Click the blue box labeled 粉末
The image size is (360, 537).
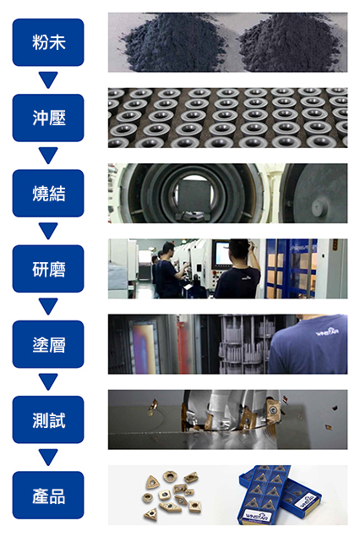48,42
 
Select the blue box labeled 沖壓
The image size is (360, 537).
48,118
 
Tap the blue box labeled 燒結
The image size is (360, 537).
48,193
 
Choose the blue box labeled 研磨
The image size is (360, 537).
48,269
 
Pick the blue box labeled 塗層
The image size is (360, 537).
48,344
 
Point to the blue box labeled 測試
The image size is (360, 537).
48,419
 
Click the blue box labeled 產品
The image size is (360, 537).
48,496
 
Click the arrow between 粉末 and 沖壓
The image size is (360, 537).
48,79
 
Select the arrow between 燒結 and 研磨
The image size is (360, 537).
48,231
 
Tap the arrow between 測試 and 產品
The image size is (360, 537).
48,458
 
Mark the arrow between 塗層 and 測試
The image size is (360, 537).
48,382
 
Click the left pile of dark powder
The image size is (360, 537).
172,45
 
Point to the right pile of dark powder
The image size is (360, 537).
289,45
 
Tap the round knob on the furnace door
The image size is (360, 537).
319,207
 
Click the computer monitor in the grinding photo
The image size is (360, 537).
221,254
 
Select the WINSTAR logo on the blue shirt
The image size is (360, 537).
328,332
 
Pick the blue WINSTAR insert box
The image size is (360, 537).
279,495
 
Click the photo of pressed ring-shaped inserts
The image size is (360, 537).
227,118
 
